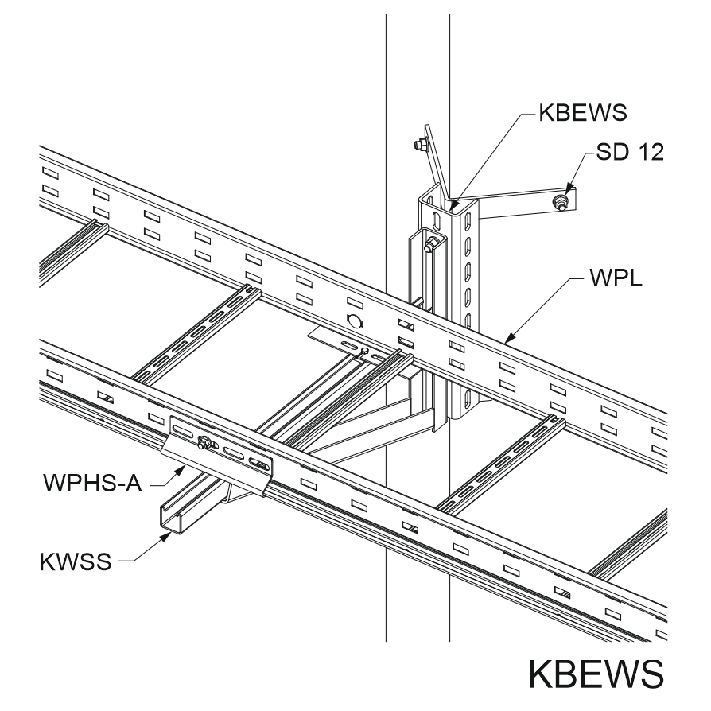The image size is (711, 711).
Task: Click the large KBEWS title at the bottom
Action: pyautogui.click(x=596, y=674)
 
